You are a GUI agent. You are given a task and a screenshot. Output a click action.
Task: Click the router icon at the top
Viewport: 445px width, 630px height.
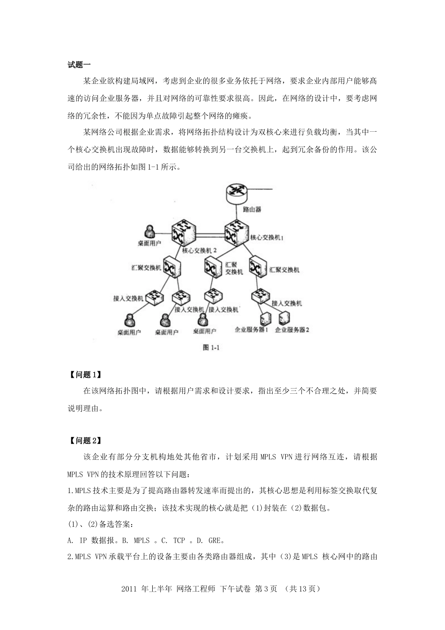[236, 193]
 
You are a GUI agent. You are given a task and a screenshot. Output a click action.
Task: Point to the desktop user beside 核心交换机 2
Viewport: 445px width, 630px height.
[149, 232]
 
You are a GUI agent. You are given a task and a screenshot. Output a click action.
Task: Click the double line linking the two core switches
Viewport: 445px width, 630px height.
[208, 232]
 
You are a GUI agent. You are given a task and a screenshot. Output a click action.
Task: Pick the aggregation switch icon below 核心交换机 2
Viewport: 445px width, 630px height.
[171, 267]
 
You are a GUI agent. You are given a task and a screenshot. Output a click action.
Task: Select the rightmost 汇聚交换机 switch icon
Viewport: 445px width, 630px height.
[257, 268]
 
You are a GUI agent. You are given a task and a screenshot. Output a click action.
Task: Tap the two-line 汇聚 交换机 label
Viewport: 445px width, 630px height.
[234, 268]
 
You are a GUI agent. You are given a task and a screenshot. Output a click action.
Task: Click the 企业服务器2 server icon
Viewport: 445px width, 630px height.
[283, 319]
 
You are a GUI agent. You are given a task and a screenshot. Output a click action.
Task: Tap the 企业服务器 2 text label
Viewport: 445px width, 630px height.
[292, 330]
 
